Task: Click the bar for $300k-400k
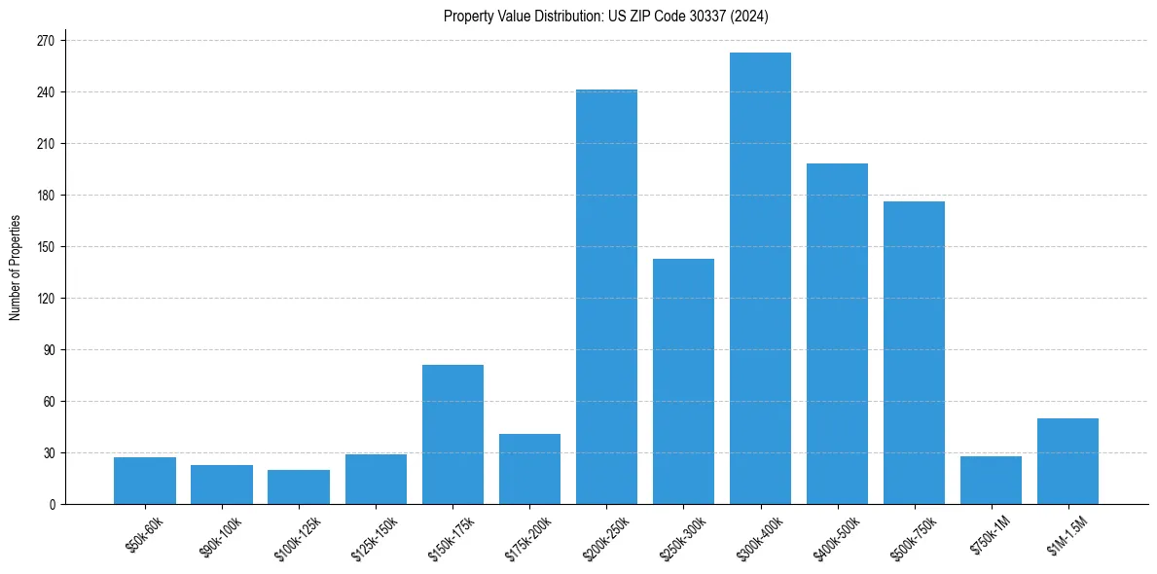(760, 278)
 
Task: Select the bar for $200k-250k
(606, 297)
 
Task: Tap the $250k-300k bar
(683, 381)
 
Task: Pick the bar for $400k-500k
(837, 334)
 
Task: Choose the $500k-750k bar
(914, 352)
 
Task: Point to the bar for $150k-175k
(452, 434)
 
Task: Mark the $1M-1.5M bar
(1067, 461)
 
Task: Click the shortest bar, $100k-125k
(299, 486)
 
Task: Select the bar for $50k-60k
(145, 481)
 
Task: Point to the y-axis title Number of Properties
(16, 267)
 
